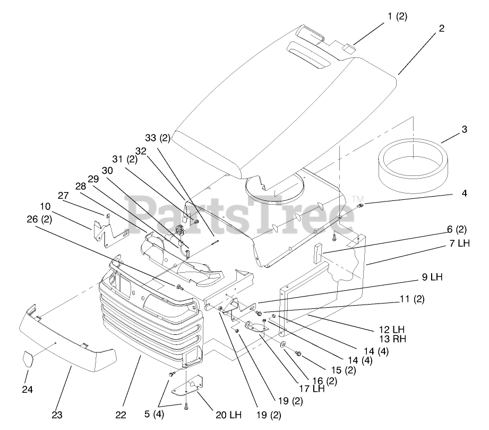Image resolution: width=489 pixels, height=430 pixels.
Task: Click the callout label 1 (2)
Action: [397, 16]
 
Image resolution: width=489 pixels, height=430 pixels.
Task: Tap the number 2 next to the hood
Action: [441, 29]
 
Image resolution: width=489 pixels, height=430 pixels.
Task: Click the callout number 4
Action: [464, 194]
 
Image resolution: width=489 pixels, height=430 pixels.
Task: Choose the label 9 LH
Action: [433, 277]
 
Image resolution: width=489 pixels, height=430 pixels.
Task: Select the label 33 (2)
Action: [158, 138]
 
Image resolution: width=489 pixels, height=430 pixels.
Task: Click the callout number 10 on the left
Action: [45, 206]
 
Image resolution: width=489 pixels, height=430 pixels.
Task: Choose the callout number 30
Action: [107, 171]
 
